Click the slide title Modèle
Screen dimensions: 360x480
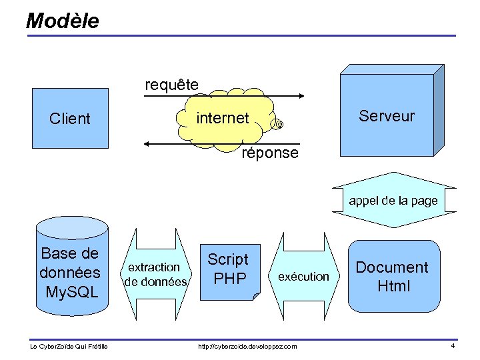point(62,21)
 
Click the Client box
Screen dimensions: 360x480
point(69,118)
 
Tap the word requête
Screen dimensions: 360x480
point(171,85)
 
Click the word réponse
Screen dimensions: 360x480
point(270,153)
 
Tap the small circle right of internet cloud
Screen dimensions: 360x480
point(279,125)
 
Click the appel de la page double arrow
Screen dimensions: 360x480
point(393,200)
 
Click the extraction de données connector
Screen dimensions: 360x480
point(156,275)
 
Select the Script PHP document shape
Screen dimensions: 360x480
point(229,269)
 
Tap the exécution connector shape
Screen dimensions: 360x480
point(303,276)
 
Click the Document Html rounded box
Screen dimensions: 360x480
point(392,276)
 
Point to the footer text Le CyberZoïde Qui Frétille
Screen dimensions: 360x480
point(69,346)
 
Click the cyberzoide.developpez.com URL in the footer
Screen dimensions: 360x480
point(247,346)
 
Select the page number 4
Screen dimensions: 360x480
point(453,345)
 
